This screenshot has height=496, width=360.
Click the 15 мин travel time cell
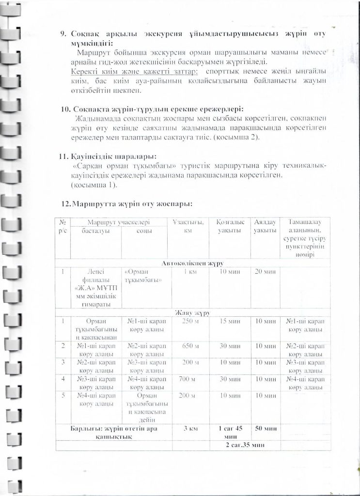(227, 322)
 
